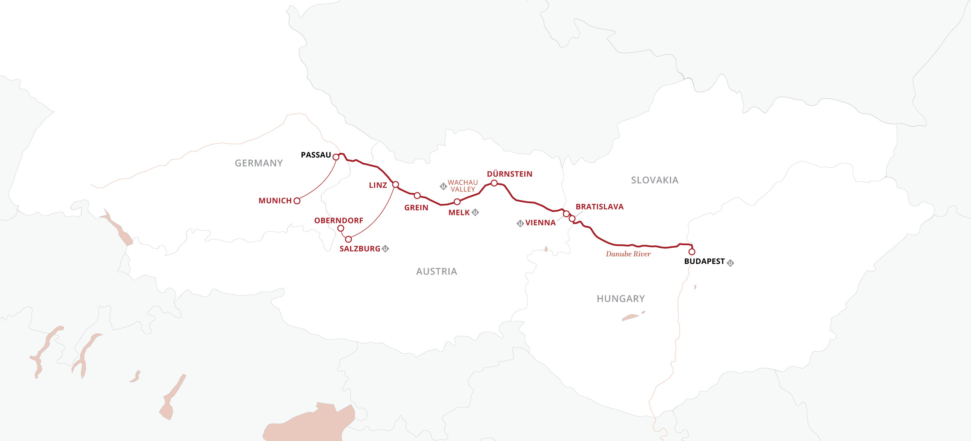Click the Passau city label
tap(316, 155)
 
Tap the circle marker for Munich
tap(297, 201)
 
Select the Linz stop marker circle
tap(395, 184)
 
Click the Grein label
tap(416, 208)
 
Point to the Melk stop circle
tap(457, 202)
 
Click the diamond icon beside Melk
tap(475, 212)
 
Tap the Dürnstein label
tap(509, 174)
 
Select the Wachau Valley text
tap(463, 186)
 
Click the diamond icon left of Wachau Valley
tap(443, 186)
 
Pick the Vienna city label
tap(540, 223)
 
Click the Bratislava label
tap(599, 207)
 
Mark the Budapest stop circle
tap(692, 252)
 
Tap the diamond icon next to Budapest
tap(730, 263)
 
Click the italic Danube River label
tap(628, 254)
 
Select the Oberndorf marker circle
tap(341, 228)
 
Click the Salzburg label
tap(359, 249)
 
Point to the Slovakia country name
tap(655, 180)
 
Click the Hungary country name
tap(621, 299)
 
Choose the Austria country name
tap(436, 272)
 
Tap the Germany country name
tap(259, 163)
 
